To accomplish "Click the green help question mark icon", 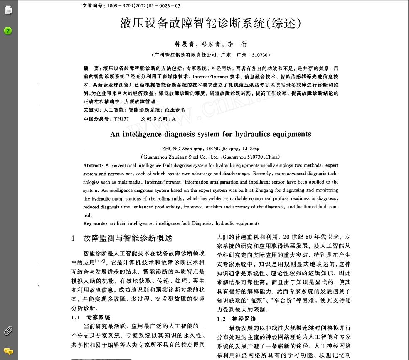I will click(8, 31).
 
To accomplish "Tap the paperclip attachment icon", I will click(8, 331).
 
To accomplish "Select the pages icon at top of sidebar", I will click(8, 10).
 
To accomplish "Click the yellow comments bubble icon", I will click(8, 351).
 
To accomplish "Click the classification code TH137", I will click(121, 119).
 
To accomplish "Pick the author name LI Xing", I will click(251, 149).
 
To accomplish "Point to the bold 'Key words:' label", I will click(94, 223).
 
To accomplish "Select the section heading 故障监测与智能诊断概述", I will click(128, 238).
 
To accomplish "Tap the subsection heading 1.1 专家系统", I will click(91, 317).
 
